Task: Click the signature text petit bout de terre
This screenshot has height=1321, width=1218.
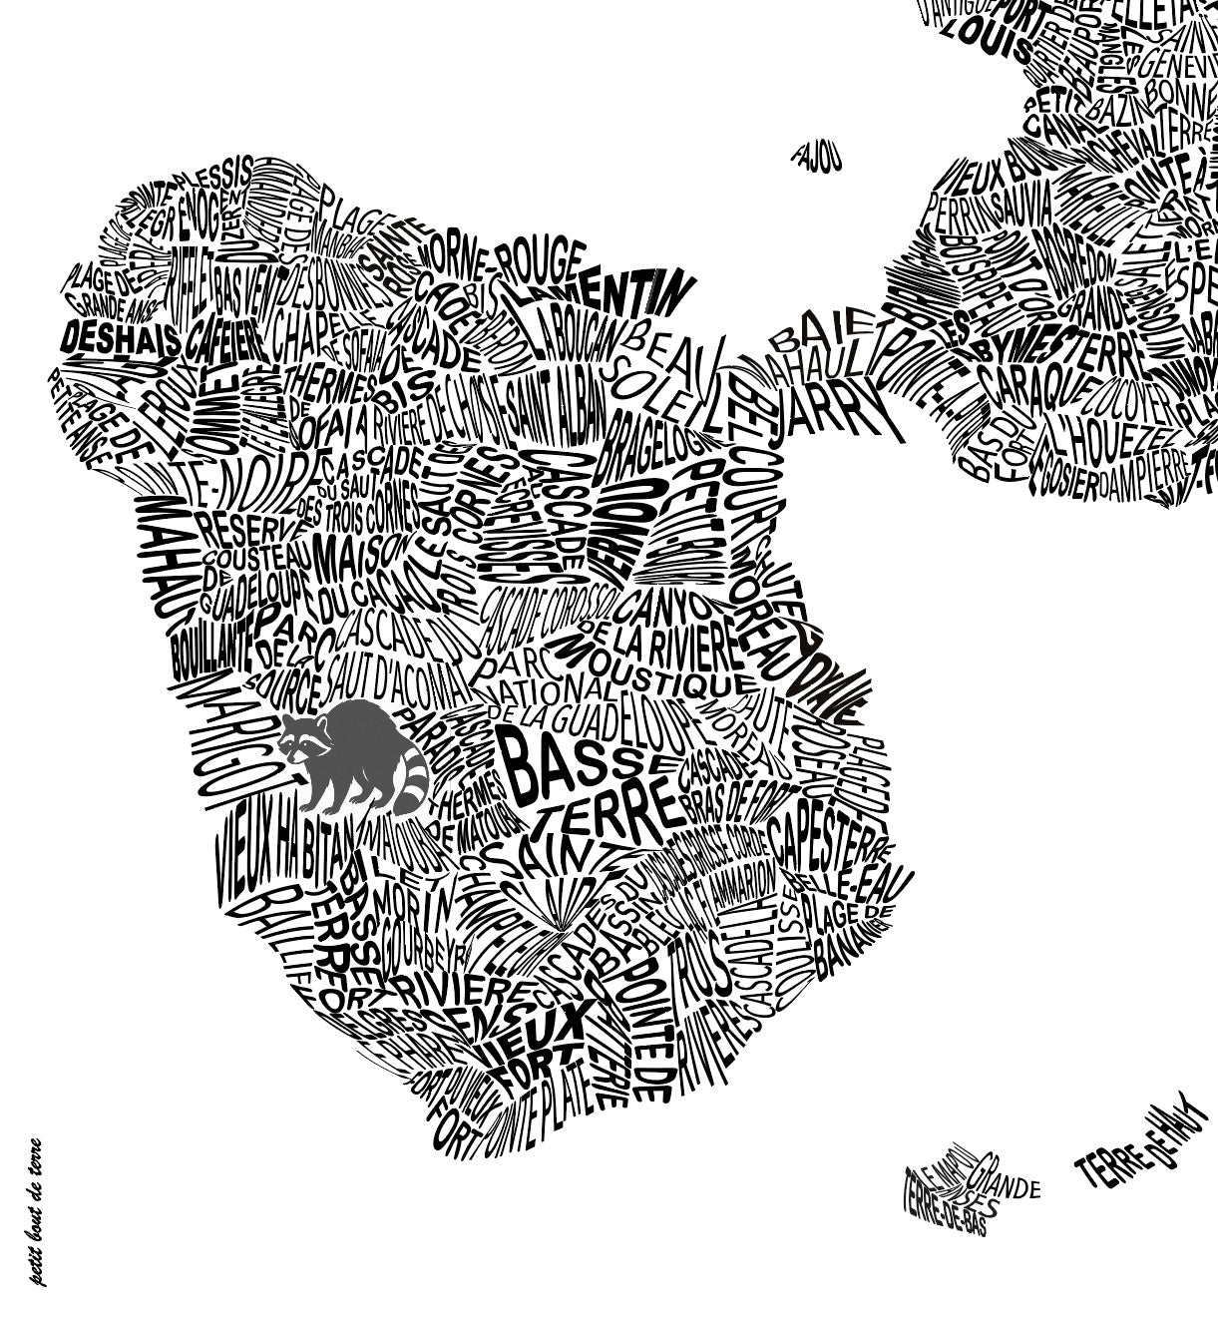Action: click(x=37, y=1211)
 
